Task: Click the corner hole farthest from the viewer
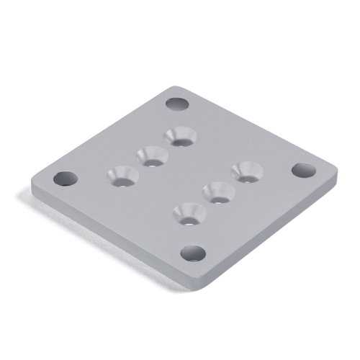click(176, 104)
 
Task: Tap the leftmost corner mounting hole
click(65, 177)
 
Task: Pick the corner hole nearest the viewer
click(192, 253)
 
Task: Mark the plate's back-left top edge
click(101, 133)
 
